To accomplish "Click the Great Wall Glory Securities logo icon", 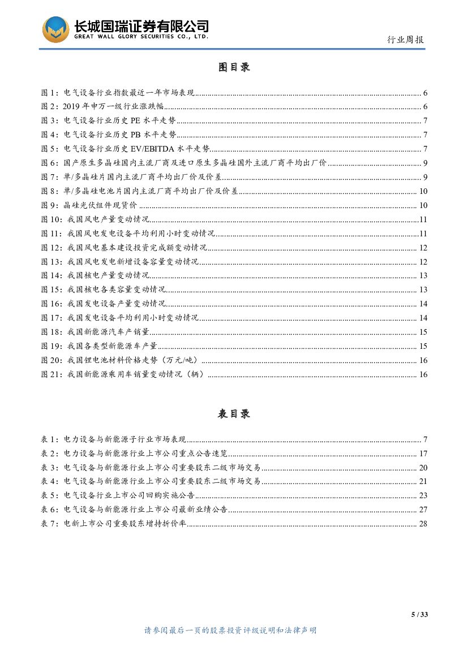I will (x=56, y=29).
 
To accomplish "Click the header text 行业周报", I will (x=405, y=40).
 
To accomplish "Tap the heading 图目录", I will (x=234, y=67).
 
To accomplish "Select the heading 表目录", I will (x=234, y=414).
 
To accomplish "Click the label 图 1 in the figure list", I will (x=50, y=93).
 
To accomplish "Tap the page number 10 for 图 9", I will (x=423, y=205).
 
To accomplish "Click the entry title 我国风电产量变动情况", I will (x=108, y=219).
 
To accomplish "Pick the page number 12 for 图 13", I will (x=423, y=262).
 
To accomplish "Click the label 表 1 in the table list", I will (x=50, y=439).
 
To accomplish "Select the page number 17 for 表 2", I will (x=423, y=453).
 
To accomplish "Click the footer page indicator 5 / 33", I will (x=419, y=615).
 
